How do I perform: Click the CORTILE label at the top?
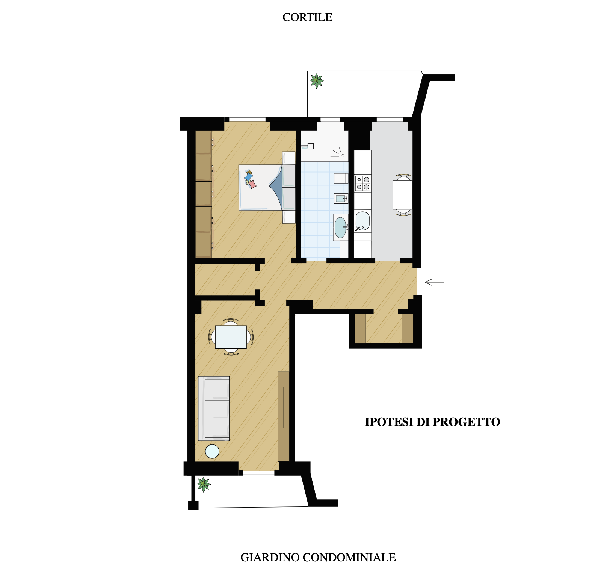pyautogui.click(x=307, y=17)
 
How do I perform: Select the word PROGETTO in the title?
pyautogui.click(x=466, y=422)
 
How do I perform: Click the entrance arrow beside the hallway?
pyautogui.click(x=434, y=282)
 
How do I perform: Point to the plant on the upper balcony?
pyautogui.click(x=317, y=80)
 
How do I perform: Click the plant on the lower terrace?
pyautogui.click(x=204, y=484)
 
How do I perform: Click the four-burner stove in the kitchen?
pyautogui.click(x=363, y=183)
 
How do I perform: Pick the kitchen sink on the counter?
pyautogui.click(x=362, y=221)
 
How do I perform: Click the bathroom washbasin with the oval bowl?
pyautogui.click(x=340, y=227)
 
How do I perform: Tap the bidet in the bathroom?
pyautogui.click(x=341, y=198)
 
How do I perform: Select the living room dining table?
pyautogui.click(x=231, y=337)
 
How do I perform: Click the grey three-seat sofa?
pyautogui.click(x=214, y=408)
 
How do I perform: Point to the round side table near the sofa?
pyautogui.click(x=212, y=451)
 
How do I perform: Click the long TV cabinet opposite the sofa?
pyautogui.click(x=284, y=417)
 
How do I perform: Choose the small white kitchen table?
pyautogui.click(x=403, y=195)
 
